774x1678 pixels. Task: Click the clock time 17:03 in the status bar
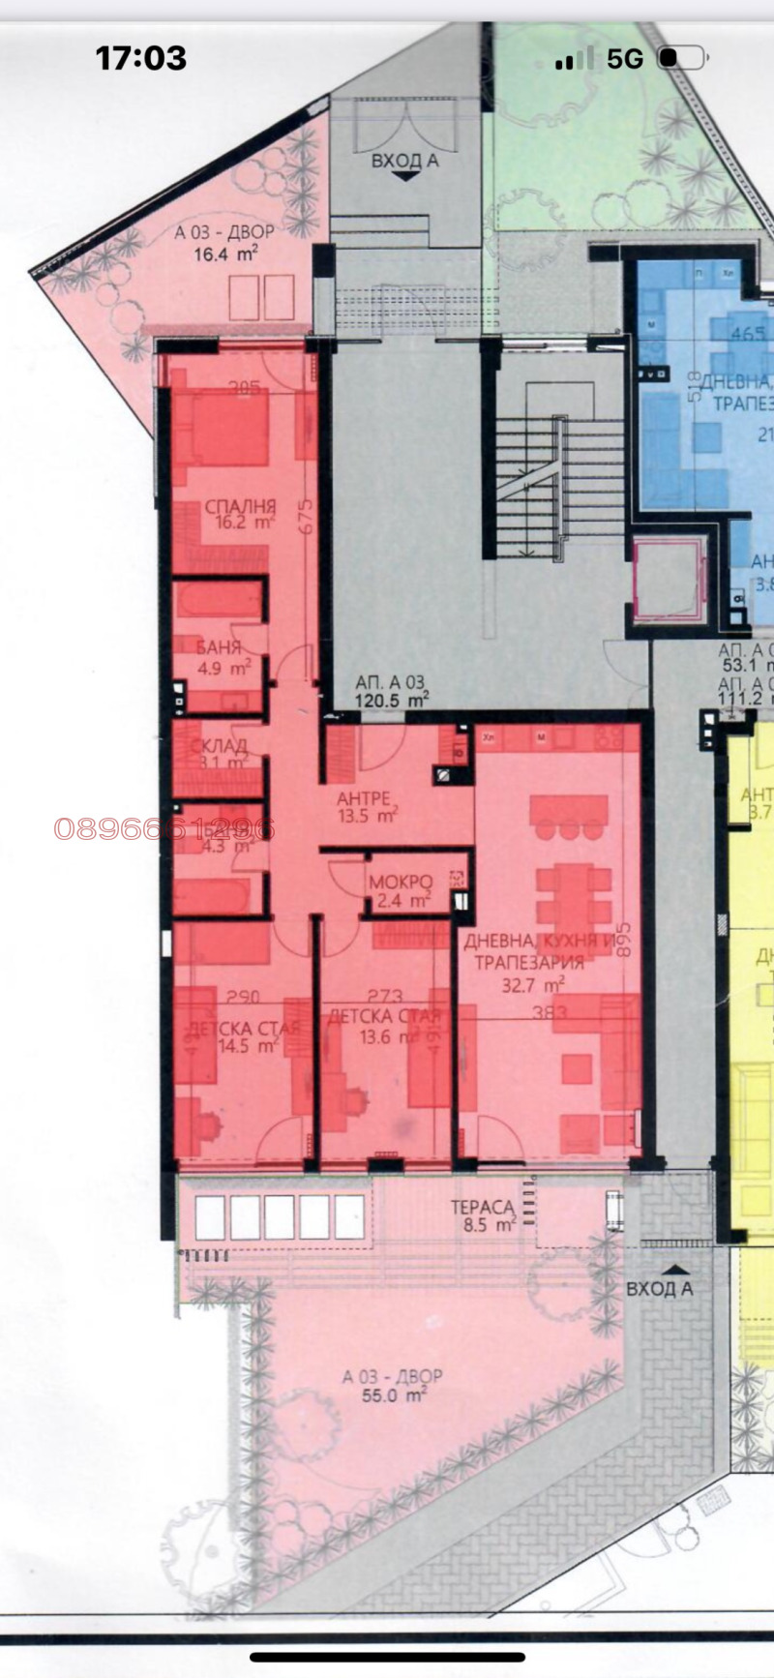[140, 58]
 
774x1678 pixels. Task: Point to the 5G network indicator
[625, 59]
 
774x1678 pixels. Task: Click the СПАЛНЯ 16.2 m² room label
[240, 515]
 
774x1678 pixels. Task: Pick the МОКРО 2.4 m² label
[400, 891]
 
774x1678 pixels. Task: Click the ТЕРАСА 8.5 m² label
[483, 1215]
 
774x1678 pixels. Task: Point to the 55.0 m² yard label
[392, 1386]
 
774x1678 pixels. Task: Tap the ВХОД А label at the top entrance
[404, 162]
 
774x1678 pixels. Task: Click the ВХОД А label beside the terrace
[660, 1288]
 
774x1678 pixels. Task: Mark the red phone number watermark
[164, 829]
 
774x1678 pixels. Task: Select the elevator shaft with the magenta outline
[666, 583]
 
